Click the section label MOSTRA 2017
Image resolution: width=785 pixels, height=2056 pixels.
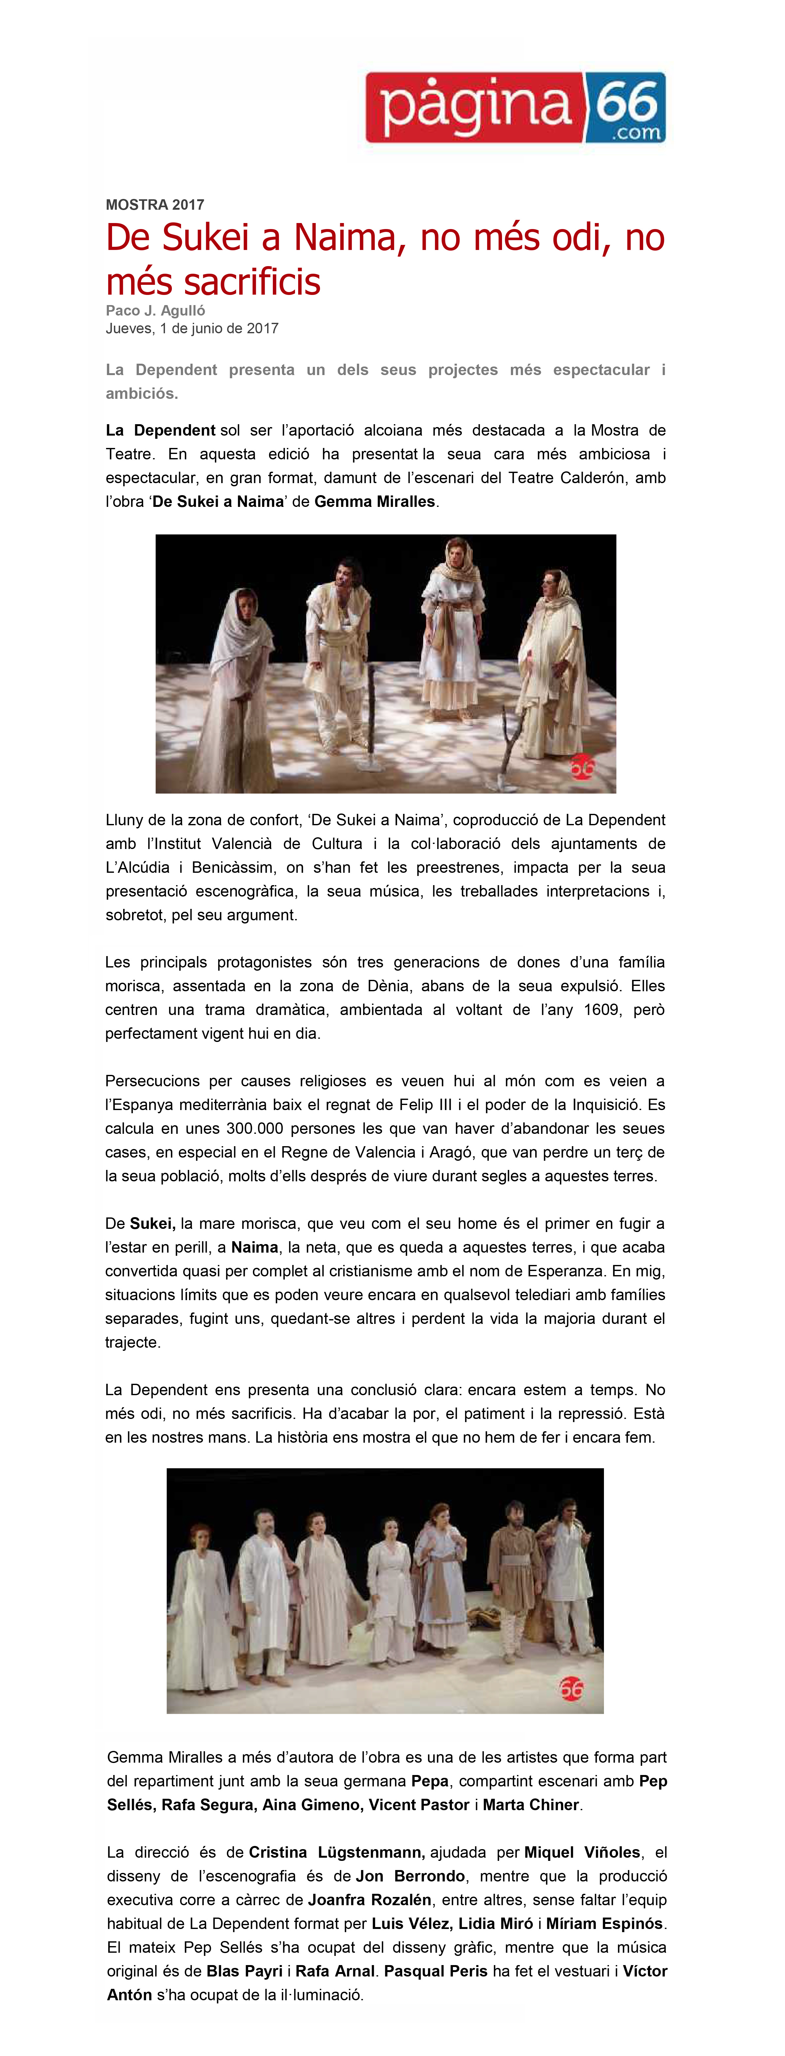155,204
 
